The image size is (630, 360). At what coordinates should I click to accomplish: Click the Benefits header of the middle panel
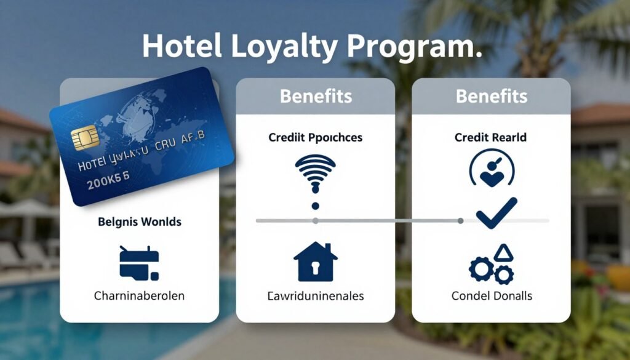pos(316,97)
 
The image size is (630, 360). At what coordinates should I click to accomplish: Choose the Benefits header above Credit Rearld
pos(491,97)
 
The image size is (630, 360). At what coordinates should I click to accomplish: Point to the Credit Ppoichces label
pos(316,138)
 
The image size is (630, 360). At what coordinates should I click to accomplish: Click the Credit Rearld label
pos(491,138)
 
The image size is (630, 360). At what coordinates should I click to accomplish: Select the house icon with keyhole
pos(316,262)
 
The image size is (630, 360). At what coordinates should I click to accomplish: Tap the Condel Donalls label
pos(491,296)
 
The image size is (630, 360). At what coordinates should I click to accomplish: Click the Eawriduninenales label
pos(316,296)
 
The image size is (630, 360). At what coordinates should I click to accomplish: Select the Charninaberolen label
pos(139,296)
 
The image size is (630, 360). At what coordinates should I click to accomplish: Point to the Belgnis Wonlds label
pos(140,222)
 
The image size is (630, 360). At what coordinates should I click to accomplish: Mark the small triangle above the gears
pos(502,252)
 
